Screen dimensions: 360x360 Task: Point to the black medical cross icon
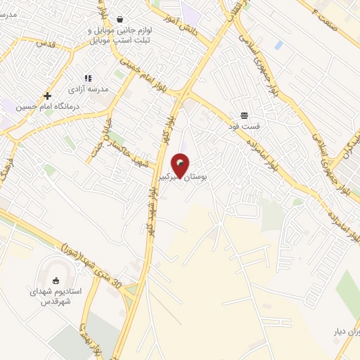(x=47, y=96)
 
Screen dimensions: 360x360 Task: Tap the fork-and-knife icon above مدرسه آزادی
(x=88, y=79)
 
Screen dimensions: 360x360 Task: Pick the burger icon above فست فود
(x=244, y=115)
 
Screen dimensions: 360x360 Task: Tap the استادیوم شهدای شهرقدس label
(x=57, y=295)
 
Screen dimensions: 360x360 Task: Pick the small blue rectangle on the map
(x=278, y=45)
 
